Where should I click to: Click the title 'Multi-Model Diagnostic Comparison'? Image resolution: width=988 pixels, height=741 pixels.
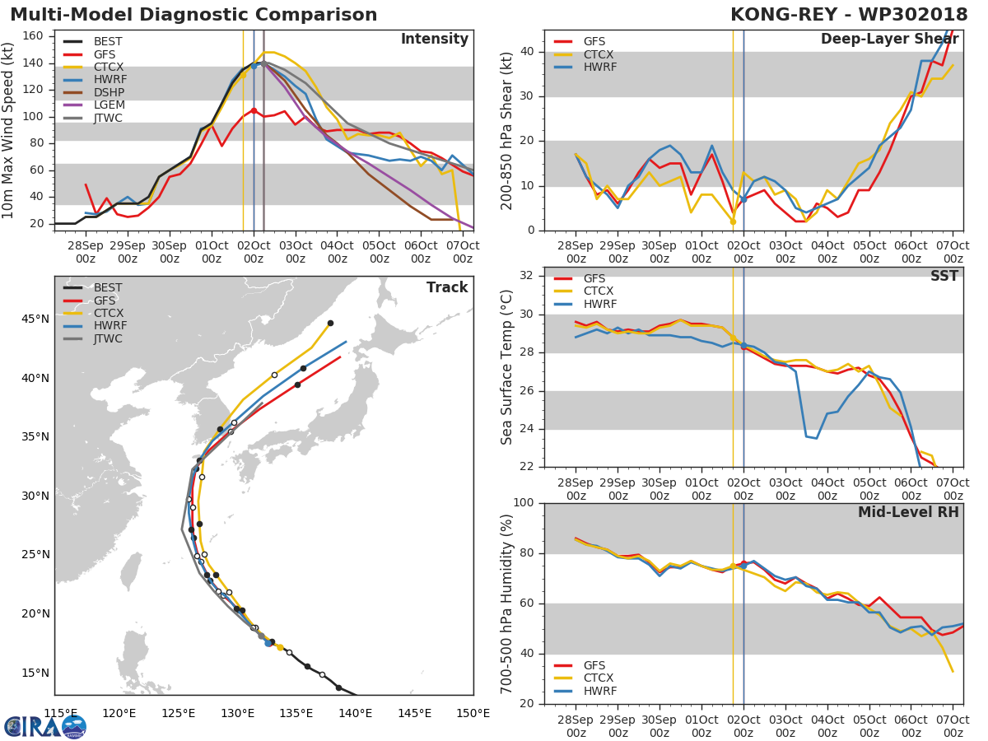pos(193,15)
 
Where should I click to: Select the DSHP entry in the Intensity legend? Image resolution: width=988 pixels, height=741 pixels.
pos(108,93)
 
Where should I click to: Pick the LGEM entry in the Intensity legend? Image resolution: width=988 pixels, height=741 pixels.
pos(108,105)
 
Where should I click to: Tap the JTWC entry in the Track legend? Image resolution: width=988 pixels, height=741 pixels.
pos(108,338)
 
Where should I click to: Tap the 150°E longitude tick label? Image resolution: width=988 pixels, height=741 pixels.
pos(473,713)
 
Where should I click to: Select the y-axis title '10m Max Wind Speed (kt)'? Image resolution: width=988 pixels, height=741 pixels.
pos(9,130)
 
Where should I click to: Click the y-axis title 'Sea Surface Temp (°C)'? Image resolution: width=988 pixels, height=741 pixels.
pos(507,367)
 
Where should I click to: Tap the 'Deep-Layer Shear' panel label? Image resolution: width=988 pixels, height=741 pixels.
pos(889,40)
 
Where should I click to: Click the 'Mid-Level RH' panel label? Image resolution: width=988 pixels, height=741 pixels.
pos(908,512)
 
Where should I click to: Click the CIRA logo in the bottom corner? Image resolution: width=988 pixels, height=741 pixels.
pos(45,726)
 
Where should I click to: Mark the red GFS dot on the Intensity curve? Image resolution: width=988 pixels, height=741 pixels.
pos(254,110)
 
